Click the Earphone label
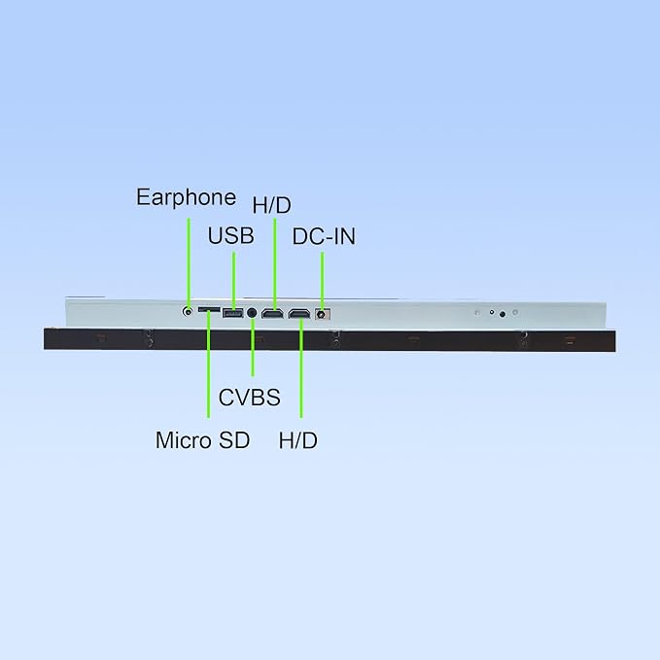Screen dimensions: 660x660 pyautogui.click(x=186, y=197)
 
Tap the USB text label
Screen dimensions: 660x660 pyautogui.click(x=230, y=235)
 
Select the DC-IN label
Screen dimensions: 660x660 pyautogui.click(x=324, y=236)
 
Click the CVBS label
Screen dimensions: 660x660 pyautogui.click(x=249, y=398)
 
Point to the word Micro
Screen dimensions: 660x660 pyautogui.click(x=184, y=440)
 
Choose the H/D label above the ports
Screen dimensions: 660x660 pyautogui.click(x=271, y=205)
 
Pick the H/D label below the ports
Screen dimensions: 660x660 pyautogui.click(x=298, y=440)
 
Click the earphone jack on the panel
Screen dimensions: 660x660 pyautogui.click(x=188, y=312)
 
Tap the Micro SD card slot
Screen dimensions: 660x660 pyautogui.click(x=209, y=310)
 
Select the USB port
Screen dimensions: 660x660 pyautogui.click(x=232, y=313)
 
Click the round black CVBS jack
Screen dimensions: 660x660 pyautogui.click(x=252, y=313)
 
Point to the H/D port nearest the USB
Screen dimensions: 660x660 pyautogui.click(x=272, y=314)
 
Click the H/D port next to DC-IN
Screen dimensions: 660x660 pyautogui.click(x=298, y=314)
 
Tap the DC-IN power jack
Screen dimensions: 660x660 pyautogui.click(x=322, y=314)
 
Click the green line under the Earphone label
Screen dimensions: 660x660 pyautogui.click(x=189, y=264)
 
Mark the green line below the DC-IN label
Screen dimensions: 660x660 pyautogui.click(x=323, y=282)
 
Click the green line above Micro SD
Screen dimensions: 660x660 pyautogui.click(x=208, y=365)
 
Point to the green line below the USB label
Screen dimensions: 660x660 pyautogui.click(x=234, y=281)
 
